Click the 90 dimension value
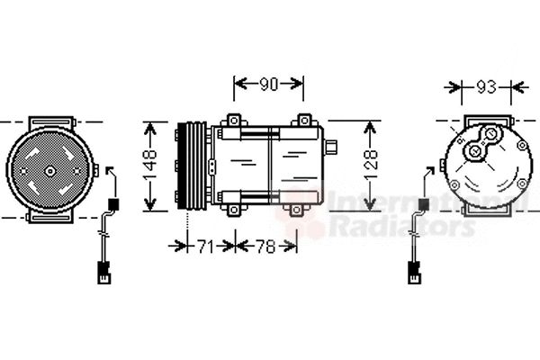tap(268, 85)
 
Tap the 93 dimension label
tap(486, 87)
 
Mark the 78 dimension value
tap(265, 246)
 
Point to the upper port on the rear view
tap(491, 137)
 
